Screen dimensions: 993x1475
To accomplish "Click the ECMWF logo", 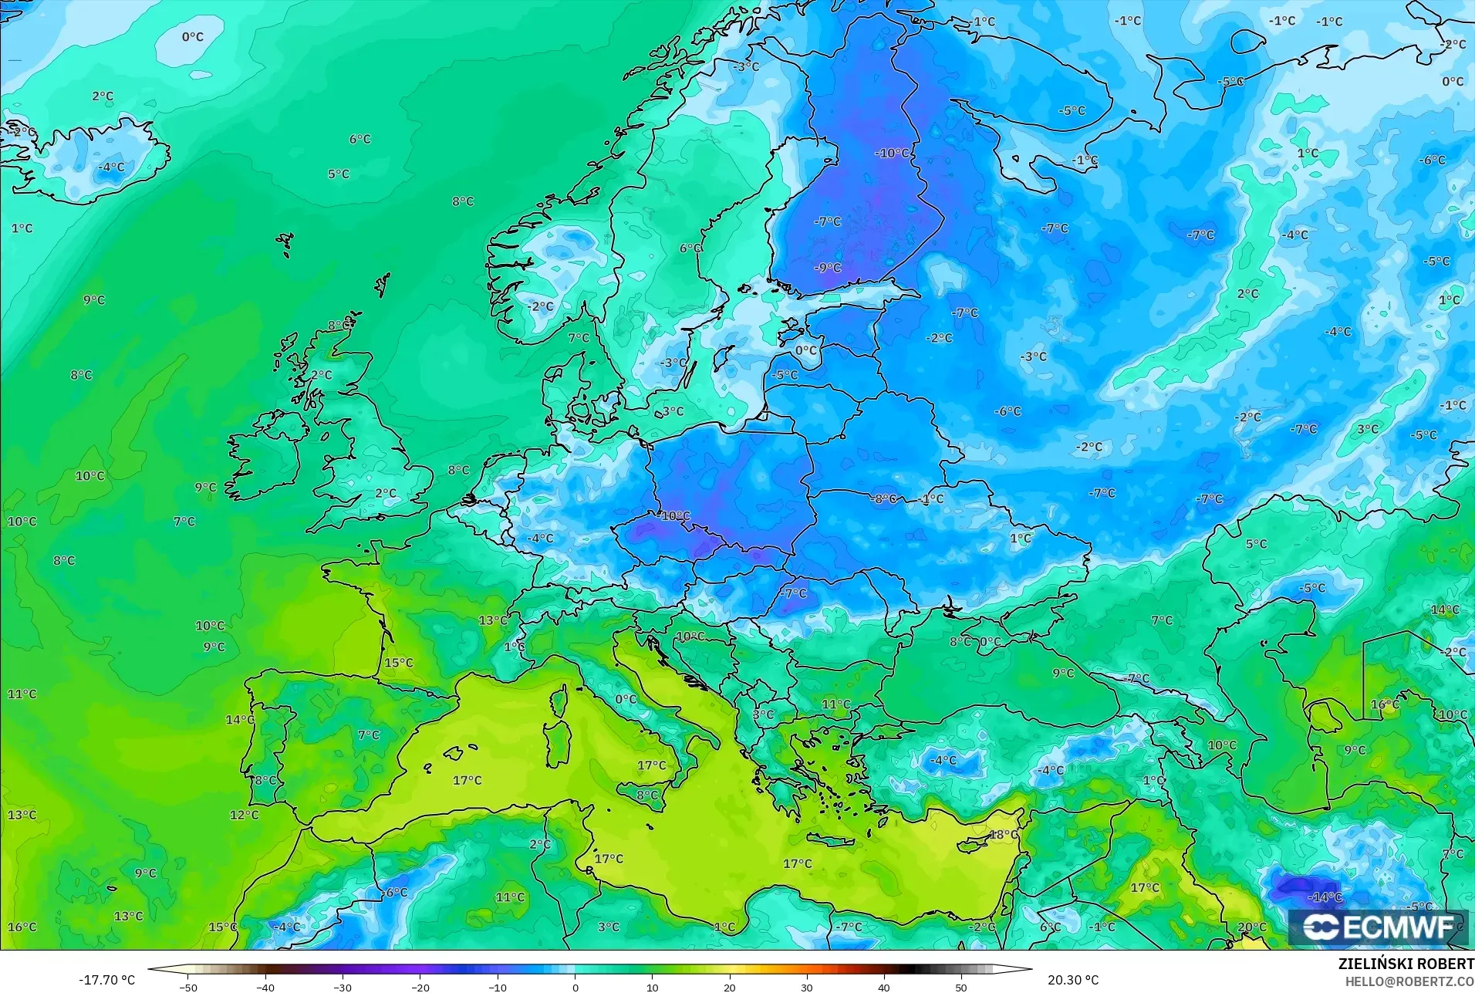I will (x=1379, y=927).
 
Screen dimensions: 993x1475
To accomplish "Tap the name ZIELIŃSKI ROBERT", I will (x=1406, y=964).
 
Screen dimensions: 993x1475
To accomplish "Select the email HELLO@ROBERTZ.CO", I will (x=1409, y=981).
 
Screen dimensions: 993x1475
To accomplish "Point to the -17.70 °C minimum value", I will (x=106, y=980).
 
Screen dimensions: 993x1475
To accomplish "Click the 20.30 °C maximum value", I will (x=1073, y=980).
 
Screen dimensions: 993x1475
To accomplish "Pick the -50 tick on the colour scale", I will (x=188, y=987).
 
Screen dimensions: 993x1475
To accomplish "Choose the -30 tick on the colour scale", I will (x=343, y=987).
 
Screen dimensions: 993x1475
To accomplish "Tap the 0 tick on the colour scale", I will (x=575, y=987).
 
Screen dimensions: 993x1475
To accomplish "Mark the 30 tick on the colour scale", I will (x=807, y=987).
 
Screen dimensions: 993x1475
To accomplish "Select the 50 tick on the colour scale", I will (x=961, y=987).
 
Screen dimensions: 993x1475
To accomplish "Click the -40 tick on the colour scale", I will (x=265, y=987).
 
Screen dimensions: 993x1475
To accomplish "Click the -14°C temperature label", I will (x=1325, y=897).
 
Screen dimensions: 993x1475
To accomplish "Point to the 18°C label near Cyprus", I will (x=1004, y=835).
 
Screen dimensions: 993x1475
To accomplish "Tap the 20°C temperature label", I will (x=1252, y=927).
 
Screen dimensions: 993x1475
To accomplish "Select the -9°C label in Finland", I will (x=828, y=268).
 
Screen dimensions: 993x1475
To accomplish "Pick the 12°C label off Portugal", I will (x=244, y=815).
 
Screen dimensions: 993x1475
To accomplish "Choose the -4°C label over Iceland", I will (x=111, y=167).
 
